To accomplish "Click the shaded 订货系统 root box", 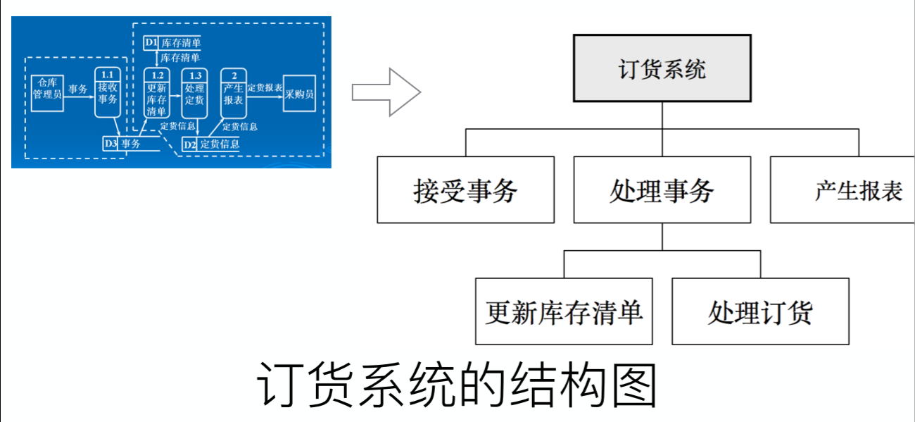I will tap(662, 69).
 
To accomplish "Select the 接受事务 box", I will tap(465, 190).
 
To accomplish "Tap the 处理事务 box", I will tap(662, 190).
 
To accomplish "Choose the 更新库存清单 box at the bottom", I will tap(564, 311).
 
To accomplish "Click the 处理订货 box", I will tap(760, 311).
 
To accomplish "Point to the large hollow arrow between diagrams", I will tap(386, 92).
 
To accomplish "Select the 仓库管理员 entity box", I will tap(47, 91).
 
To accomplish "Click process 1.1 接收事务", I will tap(107, 92).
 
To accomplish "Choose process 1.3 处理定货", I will tap(194, 92).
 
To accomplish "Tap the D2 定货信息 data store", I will tap(211, 144).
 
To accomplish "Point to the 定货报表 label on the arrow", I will tap(265, 87).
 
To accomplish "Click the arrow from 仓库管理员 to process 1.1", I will tap(79, 97).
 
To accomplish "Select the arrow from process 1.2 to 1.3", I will tap(175, 97).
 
